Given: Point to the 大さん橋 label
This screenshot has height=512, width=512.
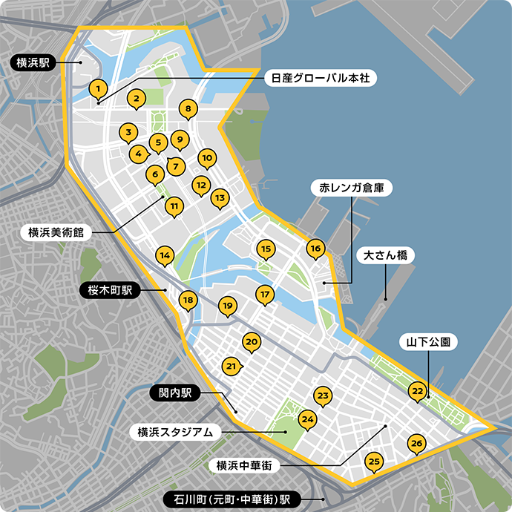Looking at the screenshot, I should click(384, 255).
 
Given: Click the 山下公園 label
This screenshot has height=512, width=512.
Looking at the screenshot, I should click(428, 342).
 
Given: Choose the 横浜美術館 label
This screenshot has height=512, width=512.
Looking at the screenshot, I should click(55, 232).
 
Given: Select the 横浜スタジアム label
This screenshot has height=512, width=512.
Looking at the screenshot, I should click(175, 431).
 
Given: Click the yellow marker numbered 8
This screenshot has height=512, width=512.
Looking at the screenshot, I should click(188, 110).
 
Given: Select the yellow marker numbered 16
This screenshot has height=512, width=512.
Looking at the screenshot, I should click(315, 249).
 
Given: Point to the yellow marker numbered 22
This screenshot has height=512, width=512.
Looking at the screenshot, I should click(418, 390).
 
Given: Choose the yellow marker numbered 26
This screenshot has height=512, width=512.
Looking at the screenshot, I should click(416, 444).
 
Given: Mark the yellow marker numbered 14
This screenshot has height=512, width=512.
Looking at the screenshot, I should click(165, 256).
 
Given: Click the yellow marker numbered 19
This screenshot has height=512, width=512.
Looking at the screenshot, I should click(228, 305).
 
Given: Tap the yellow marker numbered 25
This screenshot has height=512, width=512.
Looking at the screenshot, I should click(375, 462).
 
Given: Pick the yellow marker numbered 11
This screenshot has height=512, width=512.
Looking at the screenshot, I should click(174, 206).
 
